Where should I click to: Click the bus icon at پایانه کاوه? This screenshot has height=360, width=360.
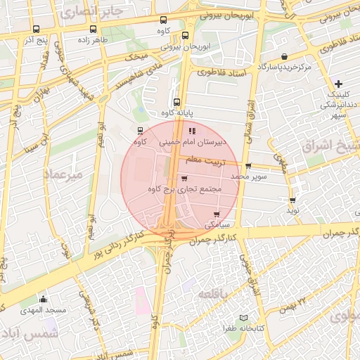tap(177, 101)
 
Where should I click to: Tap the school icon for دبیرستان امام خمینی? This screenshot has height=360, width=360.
tap(192, 131)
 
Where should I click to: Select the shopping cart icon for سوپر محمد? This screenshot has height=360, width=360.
tap(248, 166)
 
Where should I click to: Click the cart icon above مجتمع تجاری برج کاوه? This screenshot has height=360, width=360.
tap(184, 179)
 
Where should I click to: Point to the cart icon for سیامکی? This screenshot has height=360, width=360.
tap(216, 214)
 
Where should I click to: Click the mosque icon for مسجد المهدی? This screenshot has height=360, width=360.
tap(44, 299)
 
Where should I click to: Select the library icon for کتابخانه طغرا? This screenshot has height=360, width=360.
tap(244, 318)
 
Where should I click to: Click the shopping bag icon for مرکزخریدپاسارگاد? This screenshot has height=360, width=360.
tap(283, 56)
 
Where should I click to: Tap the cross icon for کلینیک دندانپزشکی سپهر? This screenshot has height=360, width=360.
tap(339, 84)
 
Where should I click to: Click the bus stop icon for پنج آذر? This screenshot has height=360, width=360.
tap(36, 30)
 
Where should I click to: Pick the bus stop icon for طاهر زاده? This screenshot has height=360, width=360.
tap(94, 30)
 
